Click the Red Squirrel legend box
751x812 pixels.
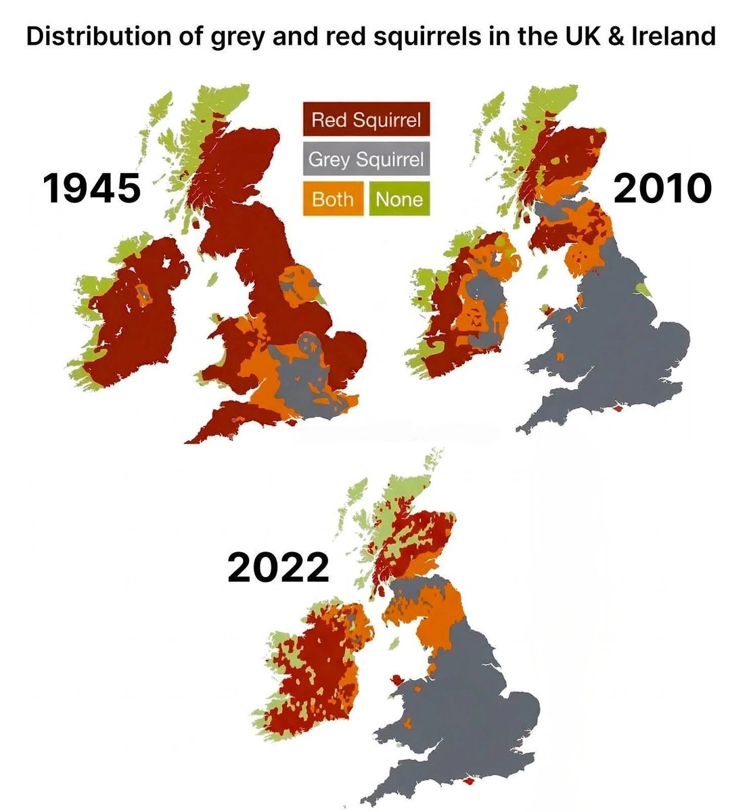coord(366,120)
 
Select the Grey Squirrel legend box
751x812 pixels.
coord(366,160)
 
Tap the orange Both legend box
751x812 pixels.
coord(333,200)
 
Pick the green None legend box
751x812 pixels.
coord(399,200)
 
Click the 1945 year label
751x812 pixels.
coord(91,187)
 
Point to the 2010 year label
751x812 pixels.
coord(662,187)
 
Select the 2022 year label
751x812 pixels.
coord(278,568)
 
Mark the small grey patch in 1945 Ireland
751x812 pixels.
coord(143,294)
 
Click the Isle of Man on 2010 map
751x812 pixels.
coord(541,271)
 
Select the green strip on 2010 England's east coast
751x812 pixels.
coord(645,290)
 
